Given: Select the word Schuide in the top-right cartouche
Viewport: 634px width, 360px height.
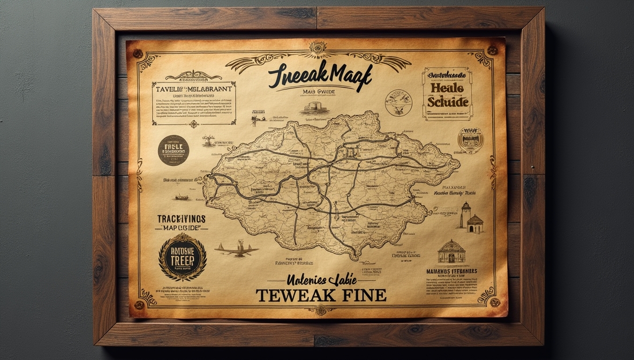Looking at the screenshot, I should [x=448, y=102].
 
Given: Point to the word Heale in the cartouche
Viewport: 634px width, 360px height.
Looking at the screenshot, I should [x=446, y=87].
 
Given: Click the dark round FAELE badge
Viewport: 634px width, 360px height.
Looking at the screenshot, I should [x=173, y=149].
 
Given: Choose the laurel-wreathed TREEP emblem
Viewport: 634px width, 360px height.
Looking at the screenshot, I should [x=183, y=257].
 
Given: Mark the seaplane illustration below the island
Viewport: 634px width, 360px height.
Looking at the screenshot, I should [x=236, y=249].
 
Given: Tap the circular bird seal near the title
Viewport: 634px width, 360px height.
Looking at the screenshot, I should [x=398, y=102].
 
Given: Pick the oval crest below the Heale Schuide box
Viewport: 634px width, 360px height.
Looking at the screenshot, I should [x=470, y=140].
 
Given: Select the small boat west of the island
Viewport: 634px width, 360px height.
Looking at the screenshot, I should [x=182, y=197].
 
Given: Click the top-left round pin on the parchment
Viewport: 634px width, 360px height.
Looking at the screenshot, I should [x=138, y=54].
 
